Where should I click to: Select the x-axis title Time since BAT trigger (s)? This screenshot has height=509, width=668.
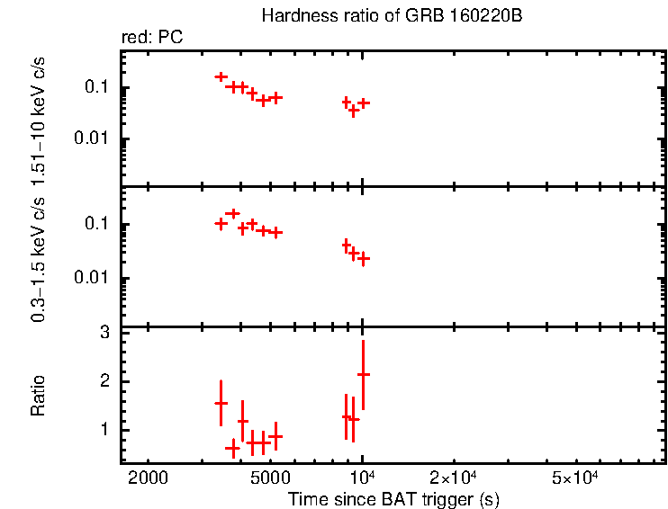(393, 497)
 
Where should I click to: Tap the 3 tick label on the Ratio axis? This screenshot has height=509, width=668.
(104, 333)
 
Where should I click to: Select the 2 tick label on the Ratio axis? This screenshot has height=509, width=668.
(104, 381)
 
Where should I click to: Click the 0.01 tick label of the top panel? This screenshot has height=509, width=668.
(94, 138)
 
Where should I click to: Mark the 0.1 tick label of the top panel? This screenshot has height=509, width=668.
(97, 88)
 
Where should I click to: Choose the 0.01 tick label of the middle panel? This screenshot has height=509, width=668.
(94, 278)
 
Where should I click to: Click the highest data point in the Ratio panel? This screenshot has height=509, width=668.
(363, 373)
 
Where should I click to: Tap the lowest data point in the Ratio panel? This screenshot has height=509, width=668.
(232, 447)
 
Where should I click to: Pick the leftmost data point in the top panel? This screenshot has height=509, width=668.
(221, 77)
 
